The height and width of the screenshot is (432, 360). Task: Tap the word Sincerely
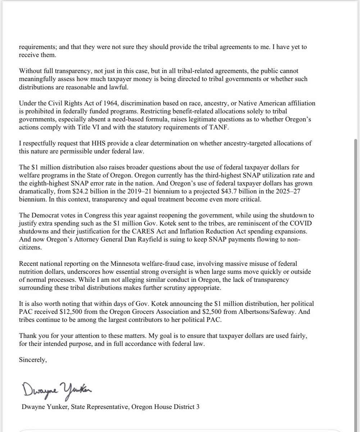click(33, 361)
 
